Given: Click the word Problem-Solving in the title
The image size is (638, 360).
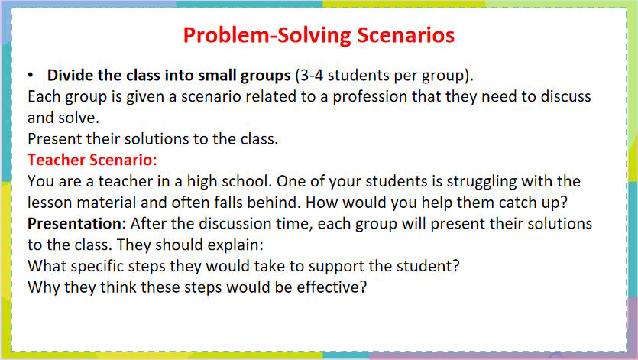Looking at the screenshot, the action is (267, 35).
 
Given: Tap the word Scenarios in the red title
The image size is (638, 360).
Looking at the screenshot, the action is (406, 35).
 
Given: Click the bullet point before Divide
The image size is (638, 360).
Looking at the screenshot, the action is (31, 76).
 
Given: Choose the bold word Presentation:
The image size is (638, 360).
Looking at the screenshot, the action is (77, 224).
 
